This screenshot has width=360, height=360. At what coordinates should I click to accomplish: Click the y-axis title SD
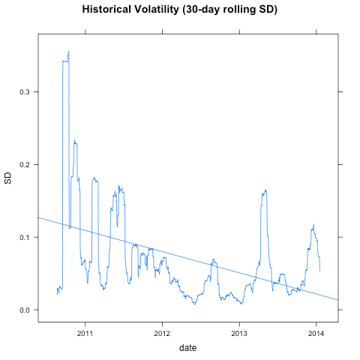click(8, 178)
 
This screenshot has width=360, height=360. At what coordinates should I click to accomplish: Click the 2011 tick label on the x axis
click(85, 332)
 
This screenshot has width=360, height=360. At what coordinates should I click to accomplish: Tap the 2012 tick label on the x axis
click(162, 332)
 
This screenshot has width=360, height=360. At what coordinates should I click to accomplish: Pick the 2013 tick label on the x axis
click(239, 332)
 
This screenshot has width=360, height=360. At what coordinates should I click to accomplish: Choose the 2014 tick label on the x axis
click(316, 332)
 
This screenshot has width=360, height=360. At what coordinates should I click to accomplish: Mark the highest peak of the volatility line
click(68, 52)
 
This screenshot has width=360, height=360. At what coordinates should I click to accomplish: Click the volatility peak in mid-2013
click(265, 191)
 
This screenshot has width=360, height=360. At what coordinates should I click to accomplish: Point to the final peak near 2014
click(313, 225)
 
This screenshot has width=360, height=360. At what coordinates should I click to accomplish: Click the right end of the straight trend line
click(338, 300)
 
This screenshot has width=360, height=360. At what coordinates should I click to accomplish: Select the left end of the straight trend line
click(37, 217)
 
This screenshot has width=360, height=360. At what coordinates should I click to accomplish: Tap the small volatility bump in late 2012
click(213, 260)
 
